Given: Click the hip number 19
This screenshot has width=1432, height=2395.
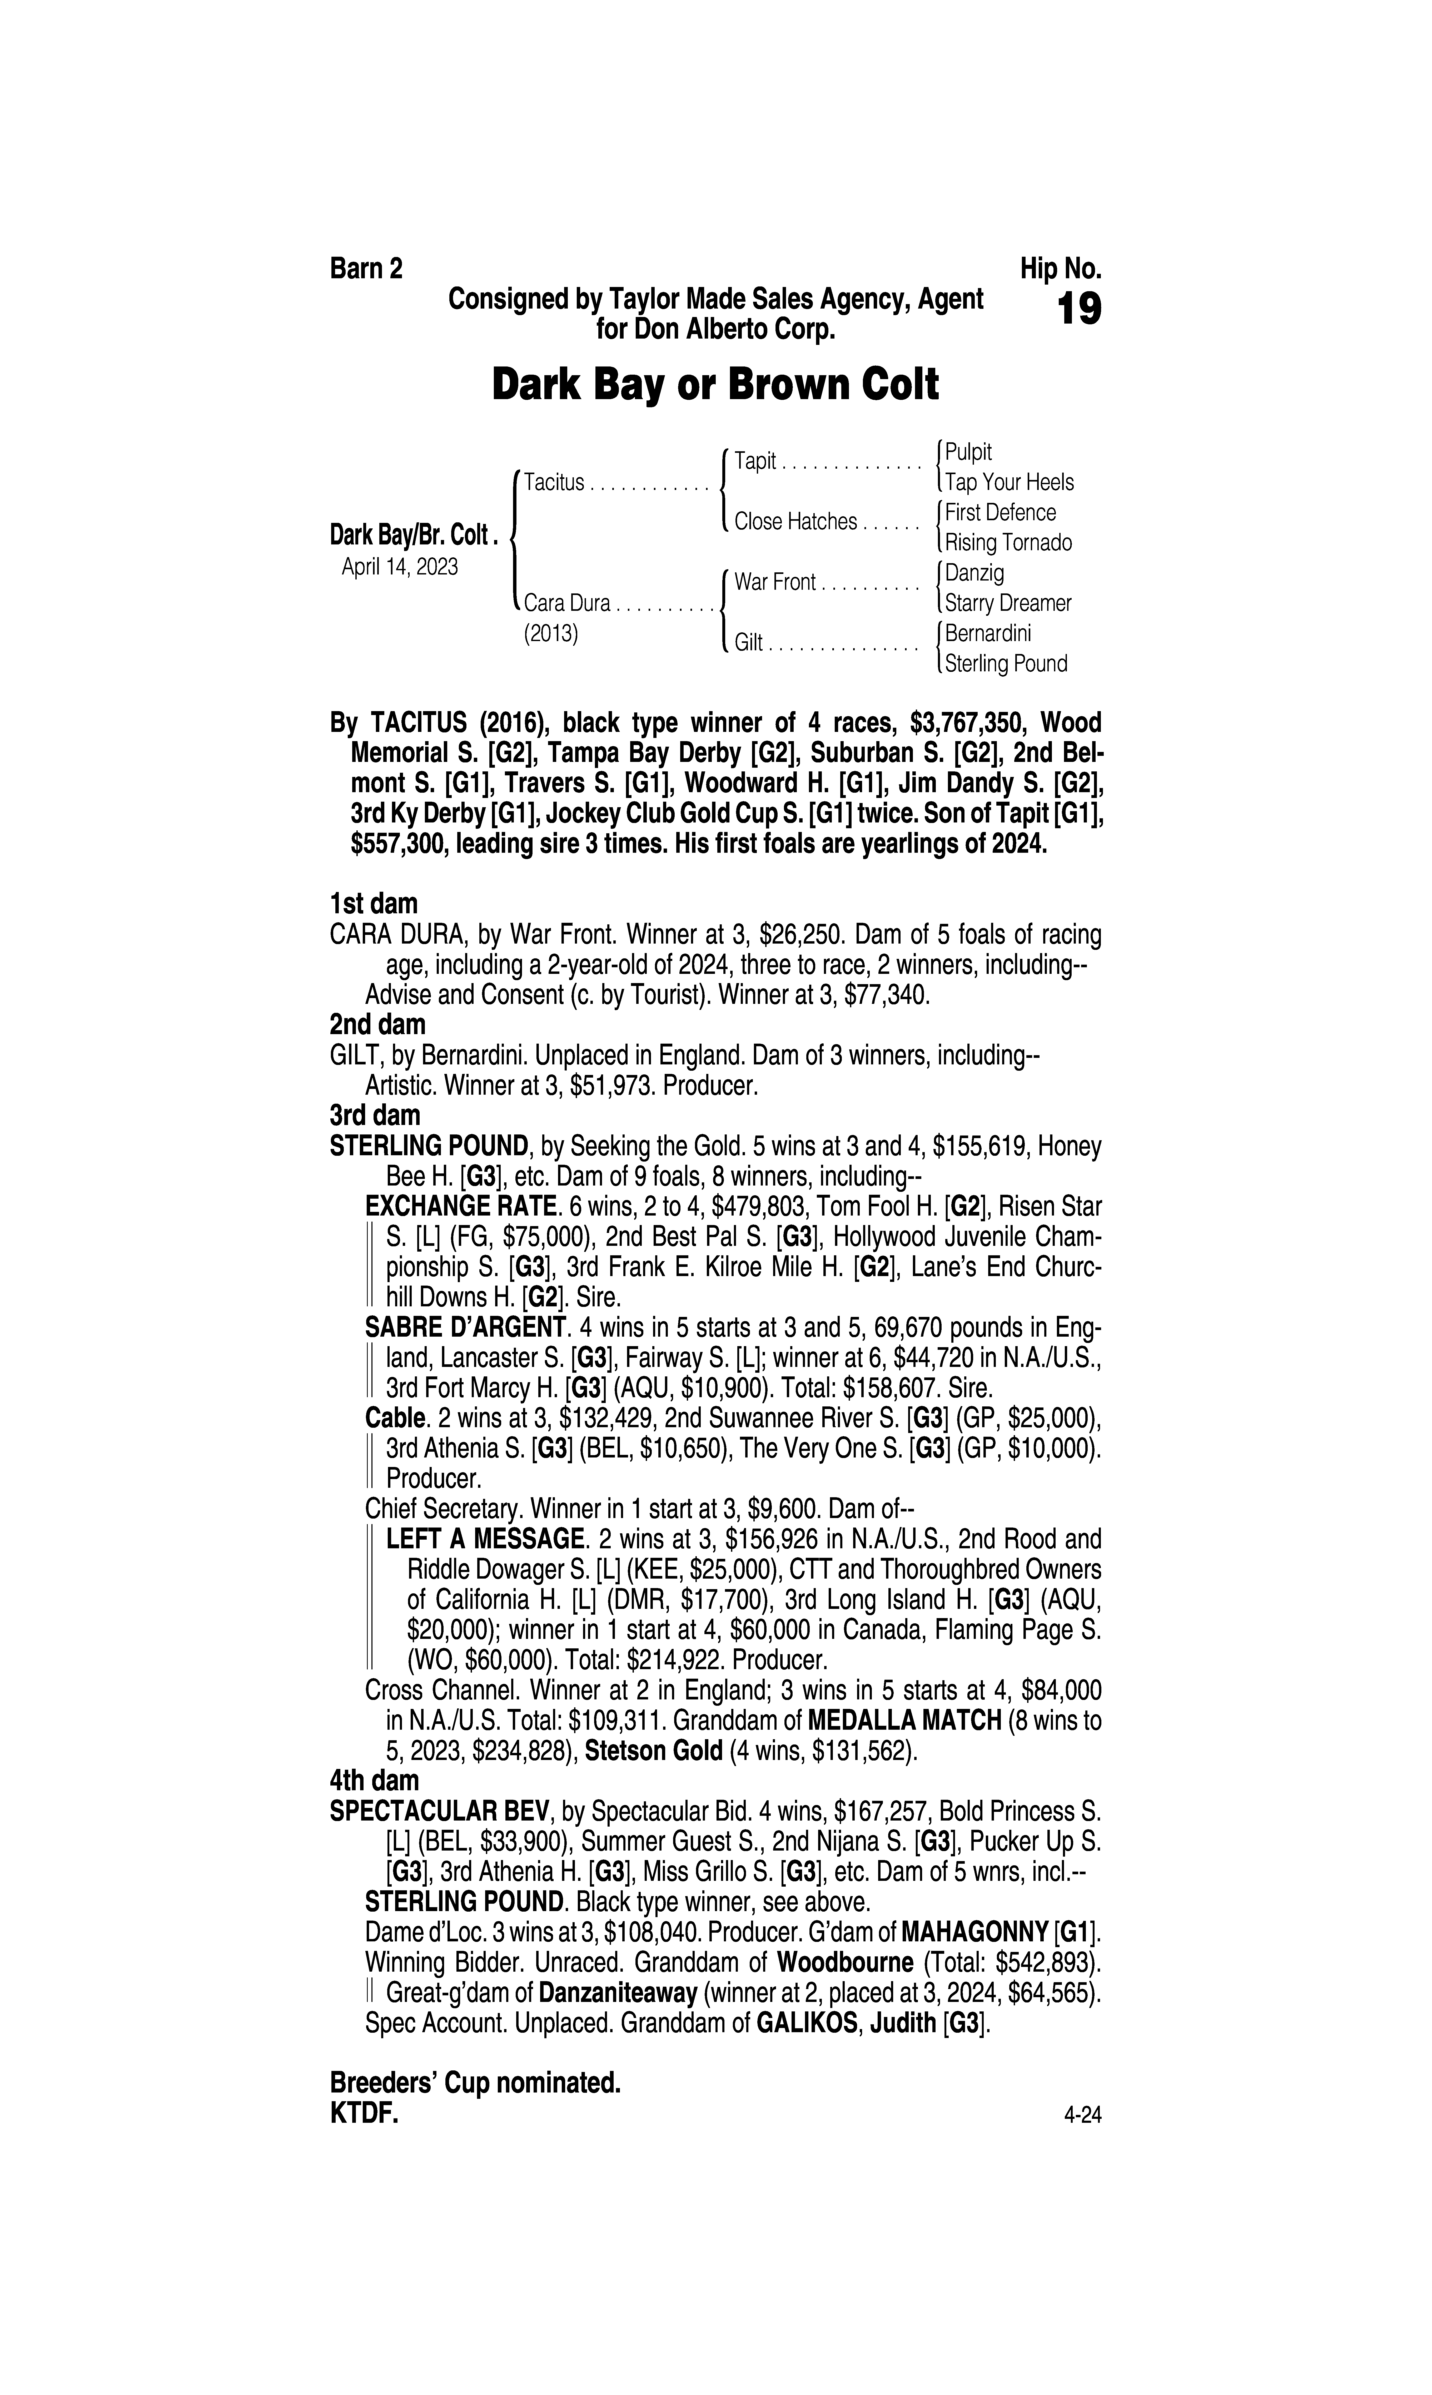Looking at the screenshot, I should click(1079, 310).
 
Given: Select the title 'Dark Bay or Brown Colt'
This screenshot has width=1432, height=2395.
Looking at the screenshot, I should click(715, 385).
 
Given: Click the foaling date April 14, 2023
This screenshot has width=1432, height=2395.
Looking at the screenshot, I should click(400, 566).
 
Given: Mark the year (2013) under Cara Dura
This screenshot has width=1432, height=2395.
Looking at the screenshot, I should click(550, 634).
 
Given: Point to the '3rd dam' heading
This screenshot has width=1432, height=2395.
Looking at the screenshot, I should click(374, 1115).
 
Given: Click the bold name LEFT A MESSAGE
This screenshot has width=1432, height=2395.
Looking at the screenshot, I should click(484, 1539).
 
